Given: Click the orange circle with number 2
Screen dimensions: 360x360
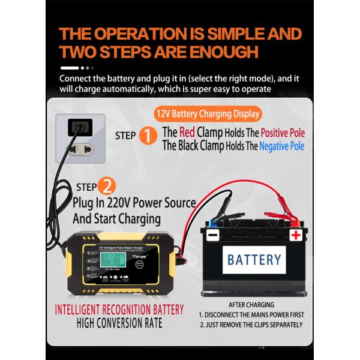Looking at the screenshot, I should point(105,185).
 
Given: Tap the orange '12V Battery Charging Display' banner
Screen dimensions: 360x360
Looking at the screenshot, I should point(208,113).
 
